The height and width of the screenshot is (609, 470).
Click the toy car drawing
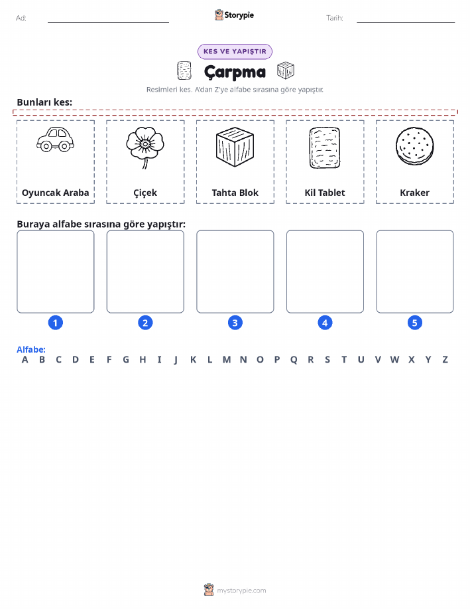click(x=56, y=139)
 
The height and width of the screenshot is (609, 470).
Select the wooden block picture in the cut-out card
click(x=235, y=147)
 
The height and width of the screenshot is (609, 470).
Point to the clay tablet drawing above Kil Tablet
click(x=325, y=148)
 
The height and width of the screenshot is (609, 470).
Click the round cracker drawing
click(x=414, y=146)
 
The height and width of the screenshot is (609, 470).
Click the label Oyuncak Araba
click(x=56, y=193)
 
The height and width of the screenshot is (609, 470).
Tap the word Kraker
click(x=414, y=193)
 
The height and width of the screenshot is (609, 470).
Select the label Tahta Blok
click(x=235, y=193)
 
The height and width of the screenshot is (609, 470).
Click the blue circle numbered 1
click(x=56, y=323)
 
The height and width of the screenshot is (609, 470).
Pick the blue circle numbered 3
click(x=235, y=323)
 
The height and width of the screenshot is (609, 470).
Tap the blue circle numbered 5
click(x=414, y=323)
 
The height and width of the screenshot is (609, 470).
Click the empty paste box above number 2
click(x=145, y=272)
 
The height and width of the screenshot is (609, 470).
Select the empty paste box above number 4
click(x=325, y=272)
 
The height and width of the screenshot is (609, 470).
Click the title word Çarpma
click(x=235, y=72)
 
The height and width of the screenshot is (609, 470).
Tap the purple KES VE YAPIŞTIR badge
click(x=235, y=51)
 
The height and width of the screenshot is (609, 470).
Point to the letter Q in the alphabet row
click(x=294, y=360)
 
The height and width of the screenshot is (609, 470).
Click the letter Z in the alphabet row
click(x=445, y=360)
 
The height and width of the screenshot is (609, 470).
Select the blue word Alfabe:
click(x=31, y=349)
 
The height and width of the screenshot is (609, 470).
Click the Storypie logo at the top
click(x=234, y=15)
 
